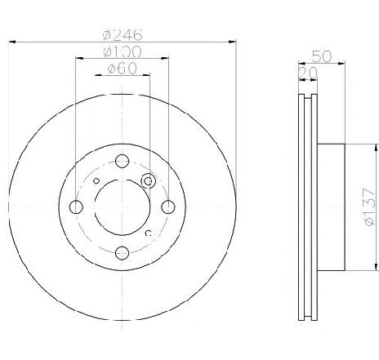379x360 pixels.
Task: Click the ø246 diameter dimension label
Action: tap(123, 34)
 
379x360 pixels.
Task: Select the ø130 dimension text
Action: tap(123, 51)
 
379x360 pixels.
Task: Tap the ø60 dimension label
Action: tap(122, 69)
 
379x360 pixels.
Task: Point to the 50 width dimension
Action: tap(322, 56)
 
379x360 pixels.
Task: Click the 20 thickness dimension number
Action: tap(308, 73)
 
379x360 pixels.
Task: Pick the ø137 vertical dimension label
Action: tap(369, 207)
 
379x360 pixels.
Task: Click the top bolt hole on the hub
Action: tap(122, 162)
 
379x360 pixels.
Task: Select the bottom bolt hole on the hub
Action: tap(122, 253)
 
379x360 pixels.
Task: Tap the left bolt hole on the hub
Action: tap(76, 207)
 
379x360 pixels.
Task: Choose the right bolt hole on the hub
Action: tap(168, 207)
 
